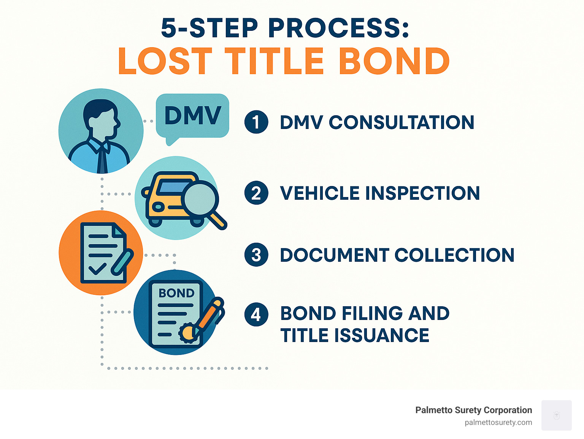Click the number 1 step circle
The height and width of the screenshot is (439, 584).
pyautogui.click(x=256, y=122)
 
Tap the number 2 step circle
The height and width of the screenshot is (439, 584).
pyautogui.click(x=256, y=193)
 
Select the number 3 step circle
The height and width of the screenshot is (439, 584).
pyautogui.click(x=256, y=255)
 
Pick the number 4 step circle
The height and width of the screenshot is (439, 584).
pyautogui.click(x=256, y=314)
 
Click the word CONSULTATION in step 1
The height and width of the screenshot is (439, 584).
pyautogui.click(x=401, y=122)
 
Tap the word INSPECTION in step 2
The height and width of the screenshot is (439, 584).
pyautogui.click(x=422, y=193)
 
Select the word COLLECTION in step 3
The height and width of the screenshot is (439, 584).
pyautogui.click(x=454, y=255)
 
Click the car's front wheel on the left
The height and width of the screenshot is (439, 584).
pyautogui.click(x=155, y=221)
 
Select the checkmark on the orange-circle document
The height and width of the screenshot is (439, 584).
pyautogui.click(x=97, y=269)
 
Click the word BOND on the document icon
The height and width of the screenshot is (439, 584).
pyautogui.click(x=176, y=293)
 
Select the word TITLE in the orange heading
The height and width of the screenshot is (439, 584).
pyautogui.click(x=274, y=62)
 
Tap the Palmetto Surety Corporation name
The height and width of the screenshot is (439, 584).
pyautogui.click(x=473, y=410)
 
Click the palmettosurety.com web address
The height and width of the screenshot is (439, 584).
pyautogui.click(x=498, y=423)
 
